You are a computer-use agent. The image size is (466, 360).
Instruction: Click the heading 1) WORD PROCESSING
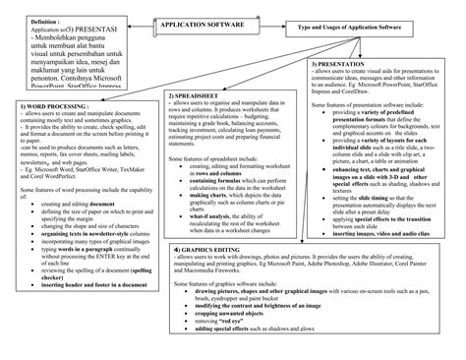coord(50,103)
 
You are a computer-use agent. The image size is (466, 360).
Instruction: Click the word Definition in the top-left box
coord(25,18)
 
